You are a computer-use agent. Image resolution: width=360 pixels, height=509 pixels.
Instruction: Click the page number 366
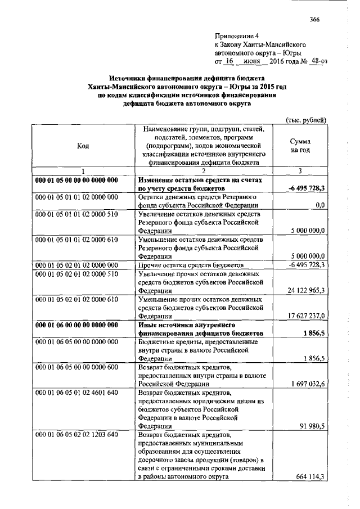click(314, 20)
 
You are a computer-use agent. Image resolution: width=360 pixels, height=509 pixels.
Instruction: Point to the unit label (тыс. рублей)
click(306, 120)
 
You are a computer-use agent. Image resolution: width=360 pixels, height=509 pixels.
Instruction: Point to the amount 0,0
click(321, 205)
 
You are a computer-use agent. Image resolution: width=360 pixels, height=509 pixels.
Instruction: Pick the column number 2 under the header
click(204, 171)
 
